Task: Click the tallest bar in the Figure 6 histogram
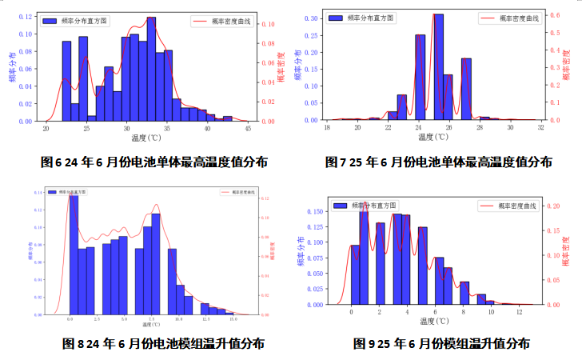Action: pos(151,69)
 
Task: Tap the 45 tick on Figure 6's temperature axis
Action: pos(248,129)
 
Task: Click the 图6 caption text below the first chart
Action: pos(154,162)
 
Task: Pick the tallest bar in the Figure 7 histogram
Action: pos(438,67)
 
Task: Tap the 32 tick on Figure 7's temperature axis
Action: pos(541,128)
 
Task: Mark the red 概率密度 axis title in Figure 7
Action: pos(566,65)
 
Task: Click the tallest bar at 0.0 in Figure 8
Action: pos(74,254)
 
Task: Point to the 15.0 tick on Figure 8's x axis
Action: pos(233,319)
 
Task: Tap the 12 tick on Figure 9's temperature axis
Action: pos(520,310)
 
